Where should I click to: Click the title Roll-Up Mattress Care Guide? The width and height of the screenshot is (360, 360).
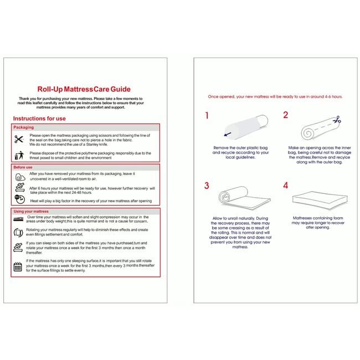[83, 89]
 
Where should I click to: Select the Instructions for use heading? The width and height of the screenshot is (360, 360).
[39, 119]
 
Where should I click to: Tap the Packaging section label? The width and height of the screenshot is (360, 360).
[24, 127]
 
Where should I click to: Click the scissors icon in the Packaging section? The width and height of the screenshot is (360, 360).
[19, 139]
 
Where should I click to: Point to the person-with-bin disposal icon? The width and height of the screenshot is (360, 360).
[19, 155]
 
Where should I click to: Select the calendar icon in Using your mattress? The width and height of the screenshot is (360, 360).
[18, 266]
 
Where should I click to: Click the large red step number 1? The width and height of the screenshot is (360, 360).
[207, 116]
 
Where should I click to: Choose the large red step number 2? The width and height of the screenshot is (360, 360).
[286, 115]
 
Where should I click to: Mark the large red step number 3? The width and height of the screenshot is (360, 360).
[207, 185]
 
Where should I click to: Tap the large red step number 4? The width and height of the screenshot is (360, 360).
[286, 185]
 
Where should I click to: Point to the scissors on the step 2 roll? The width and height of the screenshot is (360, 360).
[336, 120]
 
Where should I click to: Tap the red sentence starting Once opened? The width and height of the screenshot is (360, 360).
[275, 96]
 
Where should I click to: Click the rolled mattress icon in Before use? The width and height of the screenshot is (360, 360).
[19, 177]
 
